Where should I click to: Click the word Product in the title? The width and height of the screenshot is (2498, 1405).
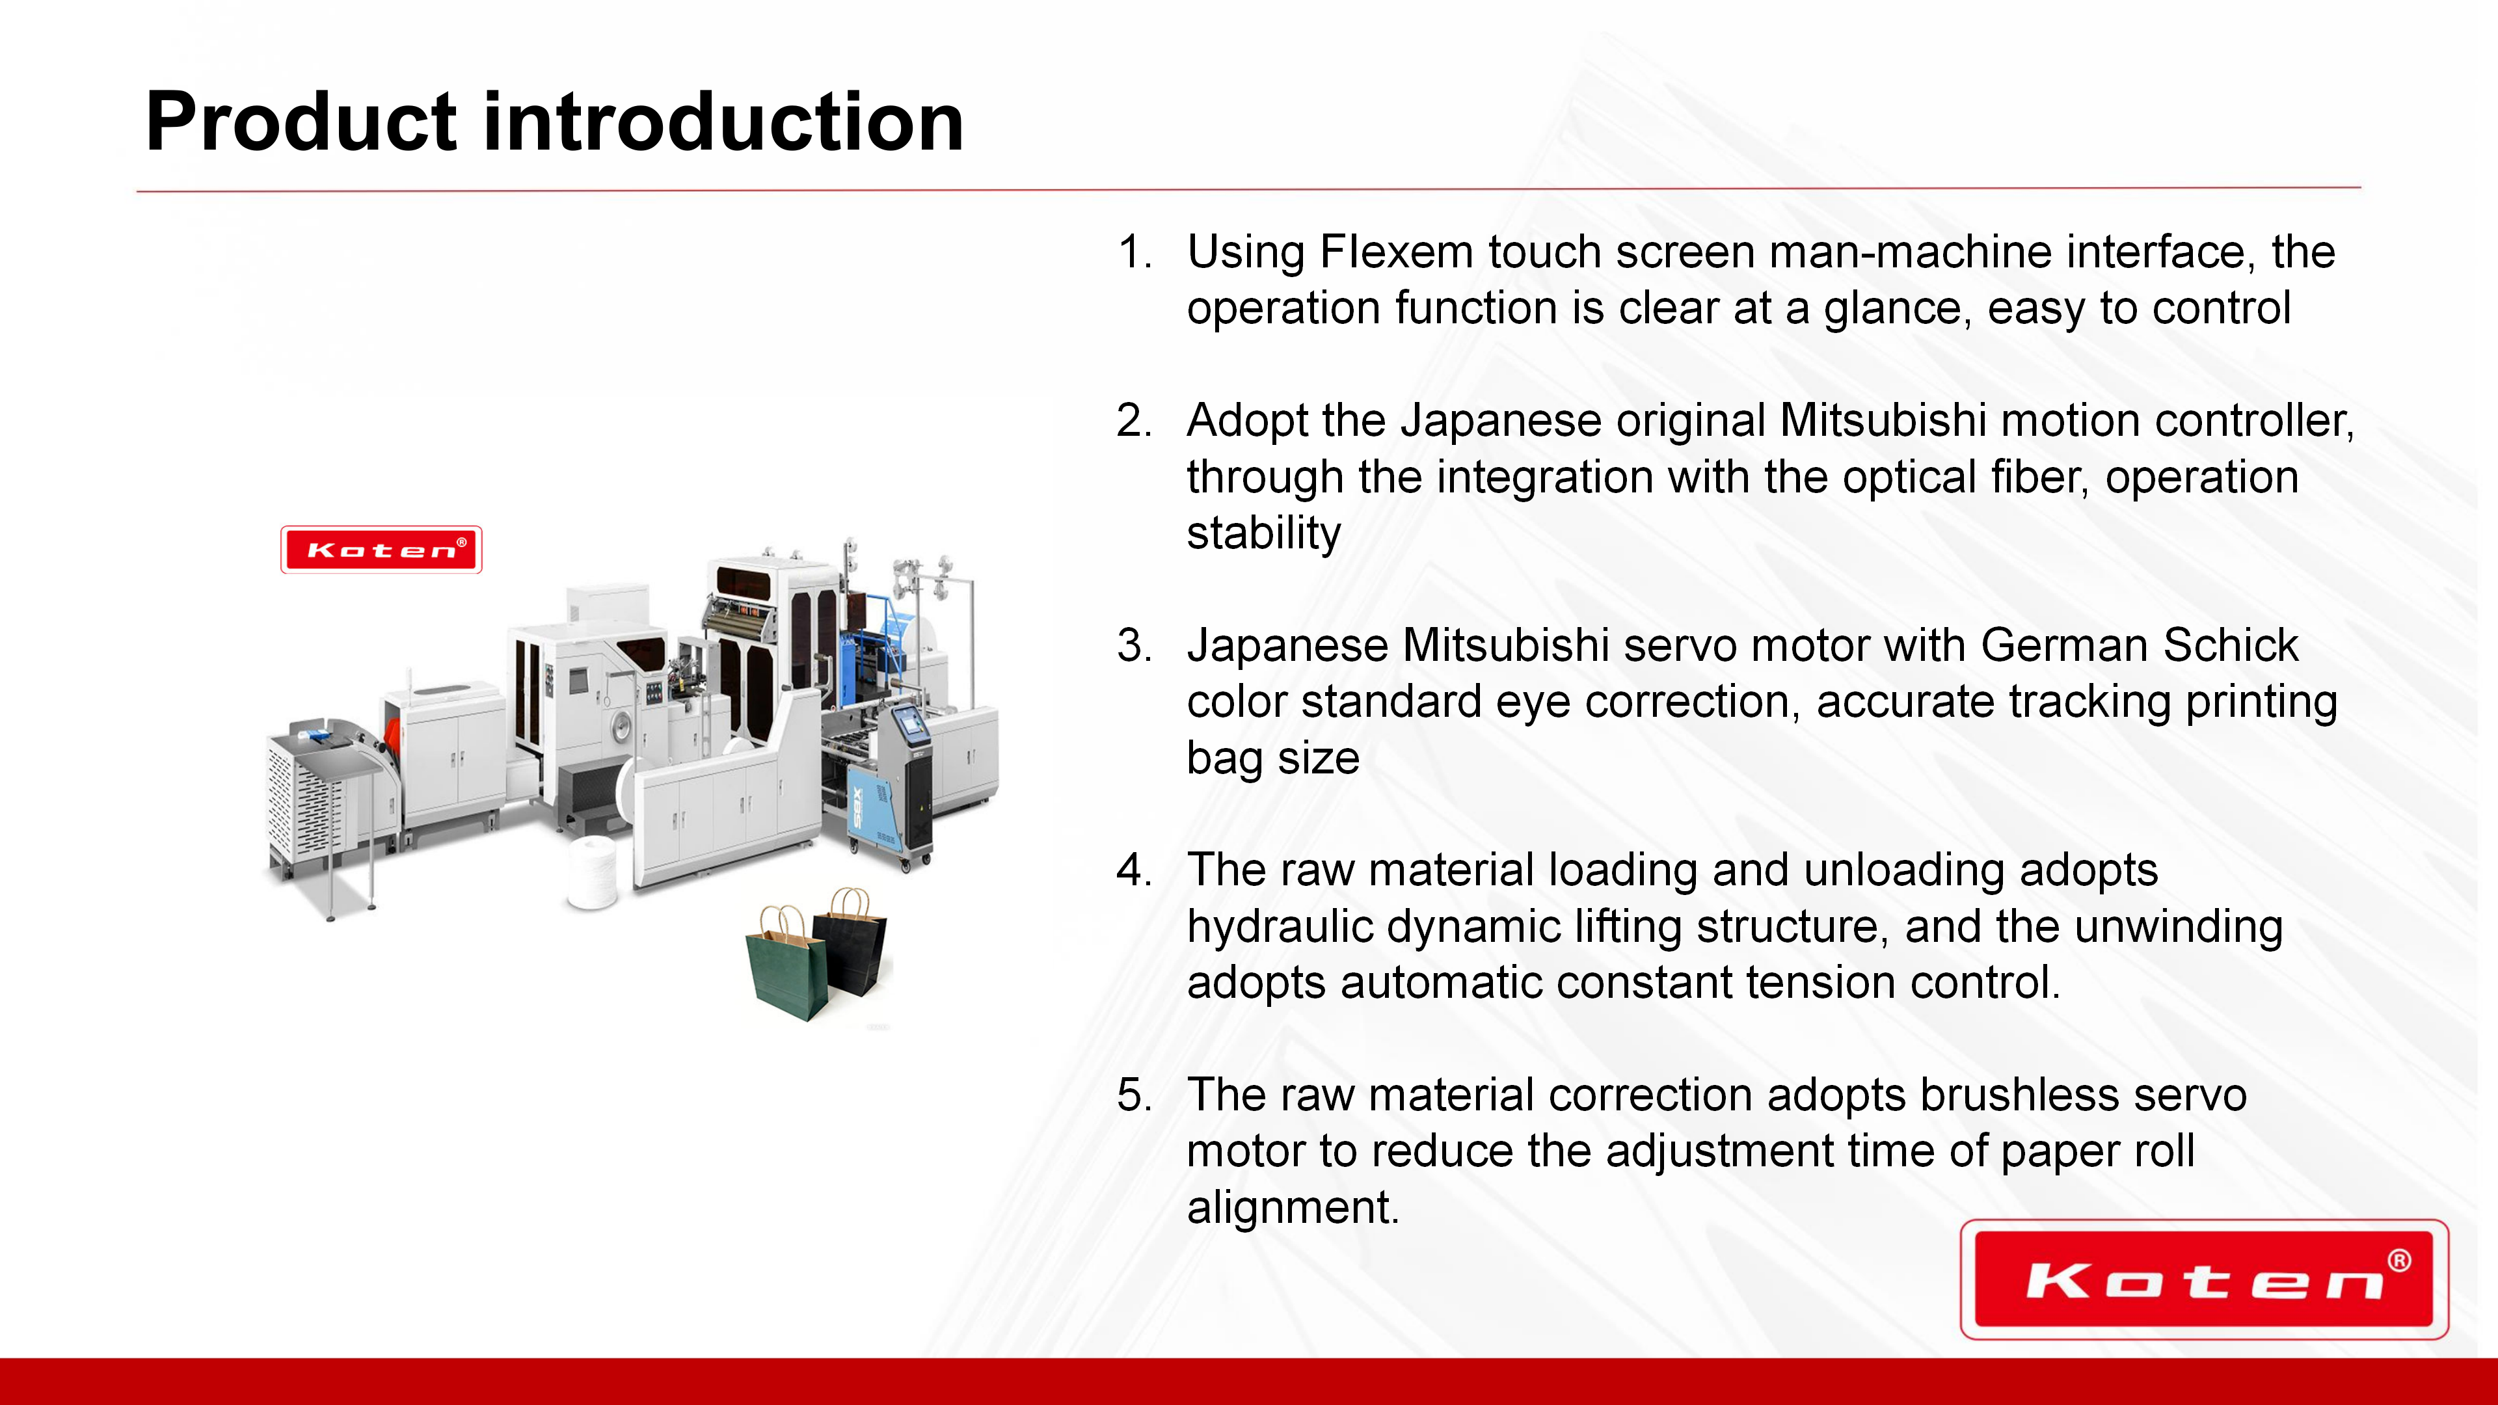pyautogui.click(x=301, y=122)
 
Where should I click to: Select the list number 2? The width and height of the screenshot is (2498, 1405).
pyautogui.click(x=1135, y=421)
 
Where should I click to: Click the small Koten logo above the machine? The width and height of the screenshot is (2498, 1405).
pyautogui.click(x=381, y=550)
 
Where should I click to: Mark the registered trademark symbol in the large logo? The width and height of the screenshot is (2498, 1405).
pyautogui.click(x=2399, y=1261)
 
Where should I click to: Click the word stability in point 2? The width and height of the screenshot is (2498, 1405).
pyautogui.click(x=1263, y=534)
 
